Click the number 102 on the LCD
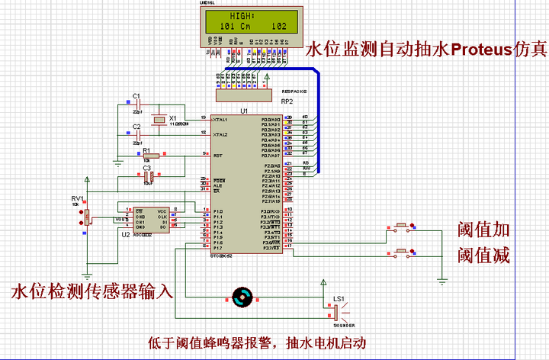click(x=278, y=26)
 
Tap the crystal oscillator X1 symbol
click(x=158, y=119)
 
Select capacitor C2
click(x=138, y=133)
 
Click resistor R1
click(x=150, y=156)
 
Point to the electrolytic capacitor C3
click(x=149, y=177)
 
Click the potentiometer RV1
click(x=88, y=217)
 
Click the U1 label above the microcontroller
click(x=244, y=111)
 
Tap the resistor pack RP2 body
click(x=243, y=95)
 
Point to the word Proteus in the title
click(x=487, y=50)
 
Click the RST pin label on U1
click(x=218, y=156)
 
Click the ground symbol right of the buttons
click(x=441, y=281)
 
